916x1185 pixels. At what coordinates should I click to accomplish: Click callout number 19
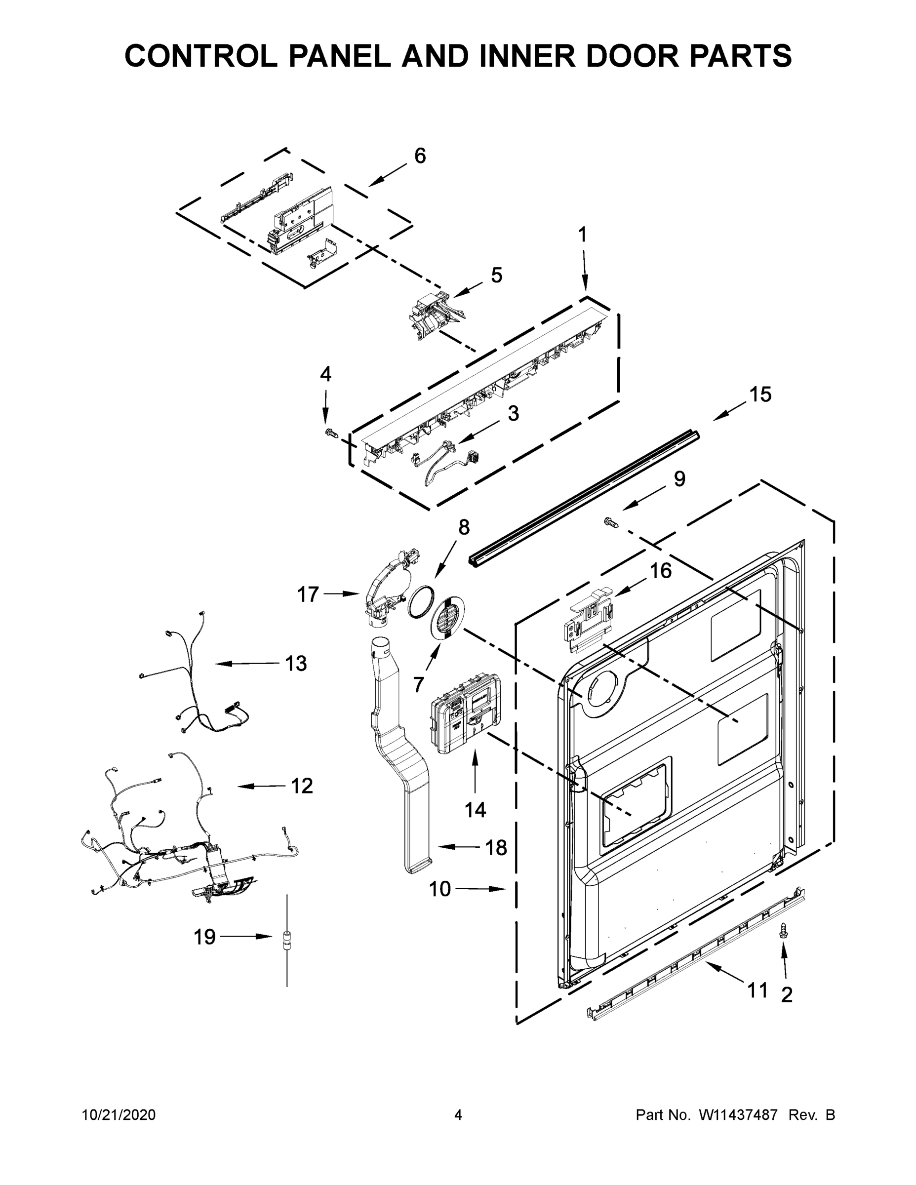[x=204, y=937]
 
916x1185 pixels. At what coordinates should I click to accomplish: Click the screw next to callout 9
[x=611, y=522]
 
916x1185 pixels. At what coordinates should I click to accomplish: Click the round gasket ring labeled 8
[x=422, y=602]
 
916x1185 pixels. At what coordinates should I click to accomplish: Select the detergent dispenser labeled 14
[x=463, y=712]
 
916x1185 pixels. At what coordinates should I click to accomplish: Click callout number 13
[x=296, y=664]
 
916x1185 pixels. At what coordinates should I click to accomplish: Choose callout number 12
[x=302, y=786]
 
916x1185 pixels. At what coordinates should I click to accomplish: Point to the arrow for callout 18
[x=460, y=846]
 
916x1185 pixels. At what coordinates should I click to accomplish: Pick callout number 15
[x=760, y=395]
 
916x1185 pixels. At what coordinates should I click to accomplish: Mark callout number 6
[x=420, y=156]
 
